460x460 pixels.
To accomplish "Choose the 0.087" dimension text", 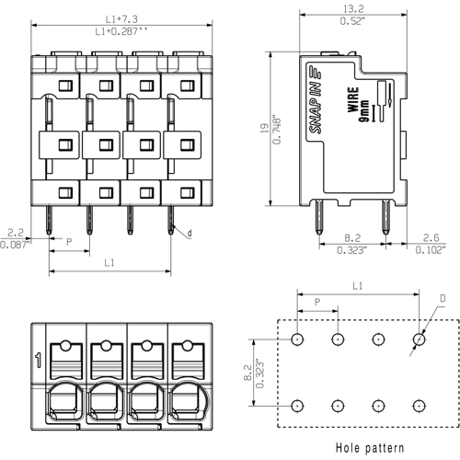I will pyautogui.click(x=15, y=245).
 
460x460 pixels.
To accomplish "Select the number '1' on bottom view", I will pyautogui.click(x=38, y=360).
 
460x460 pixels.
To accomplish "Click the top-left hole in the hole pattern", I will pyautogui.click(x=297, y=339).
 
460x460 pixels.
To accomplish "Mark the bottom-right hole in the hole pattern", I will pyautogui.click(x=419, y=406).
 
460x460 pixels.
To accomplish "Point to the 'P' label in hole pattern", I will pyautogui.click(x=317, y=301).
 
